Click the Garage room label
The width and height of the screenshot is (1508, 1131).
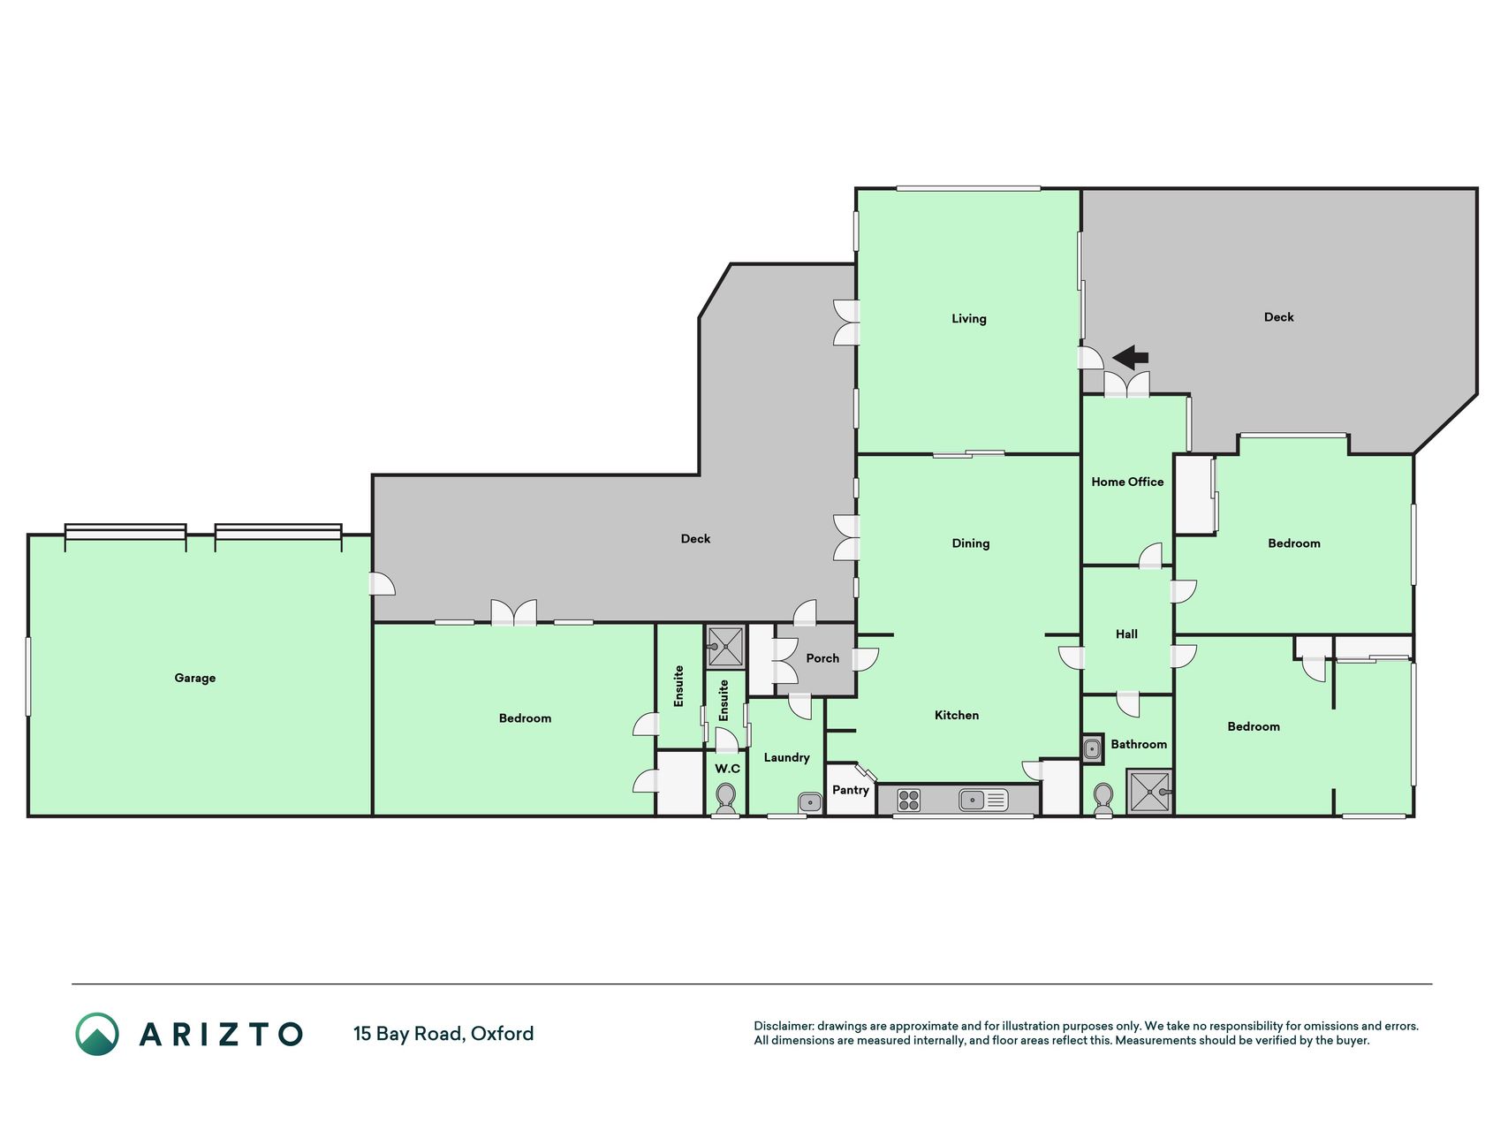click(194, 678)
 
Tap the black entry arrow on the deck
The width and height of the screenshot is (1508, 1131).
click(1130, 358)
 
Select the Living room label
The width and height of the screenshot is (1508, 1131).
click(968, 319)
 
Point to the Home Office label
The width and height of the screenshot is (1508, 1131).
click(1127, 482)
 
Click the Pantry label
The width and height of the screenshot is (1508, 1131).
click(851, 790)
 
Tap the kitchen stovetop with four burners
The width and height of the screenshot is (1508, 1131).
click(908, 801)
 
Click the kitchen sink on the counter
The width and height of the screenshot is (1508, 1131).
click(982, 801)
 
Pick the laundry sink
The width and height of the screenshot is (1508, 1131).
click(809, 802)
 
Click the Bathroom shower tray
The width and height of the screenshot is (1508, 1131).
click(1149, 792)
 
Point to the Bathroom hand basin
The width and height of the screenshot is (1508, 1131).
click(1093, 749)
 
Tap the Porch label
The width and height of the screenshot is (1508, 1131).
click(822, 658)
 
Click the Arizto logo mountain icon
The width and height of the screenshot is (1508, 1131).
click(97, 1034)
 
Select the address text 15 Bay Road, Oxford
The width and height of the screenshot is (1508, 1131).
click(443, 1034)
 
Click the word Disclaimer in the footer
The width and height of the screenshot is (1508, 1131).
click(783, 1026)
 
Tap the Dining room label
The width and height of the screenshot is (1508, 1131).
click(970, 543)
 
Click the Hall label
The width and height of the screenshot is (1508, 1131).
click(1126, 634)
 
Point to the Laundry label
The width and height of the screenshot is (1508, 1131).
click(786, 757)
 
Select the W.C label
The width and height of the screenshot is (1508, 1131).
click(727, 769)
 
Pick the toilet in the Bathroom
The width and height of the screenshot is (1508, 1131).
click(1103, 801)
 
